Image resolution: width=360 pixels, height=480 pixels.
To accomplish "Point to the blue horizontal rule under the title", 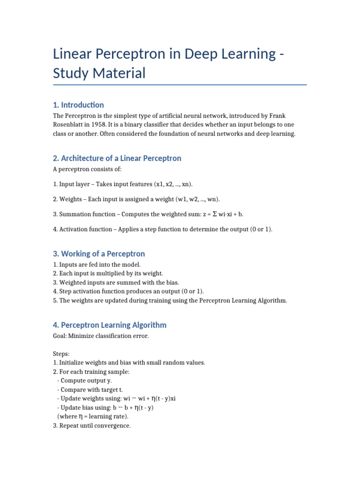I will coord(180,85).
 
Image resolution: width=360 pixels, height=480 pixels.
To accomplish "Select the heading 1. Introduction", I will coord(78,105).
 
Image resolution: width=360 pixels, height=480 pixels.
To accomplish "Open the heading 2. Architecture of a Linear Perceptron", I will coord(117,158).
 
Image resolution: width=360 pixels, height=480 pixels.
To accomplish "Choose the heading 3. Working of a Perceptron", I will coord(99,254).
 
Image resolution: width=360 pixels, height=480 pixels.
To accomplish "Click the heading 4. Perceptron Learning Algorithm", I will coord(110,325).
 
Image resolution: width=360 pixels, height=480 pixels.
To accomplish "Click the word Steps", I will coord(61,354).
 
